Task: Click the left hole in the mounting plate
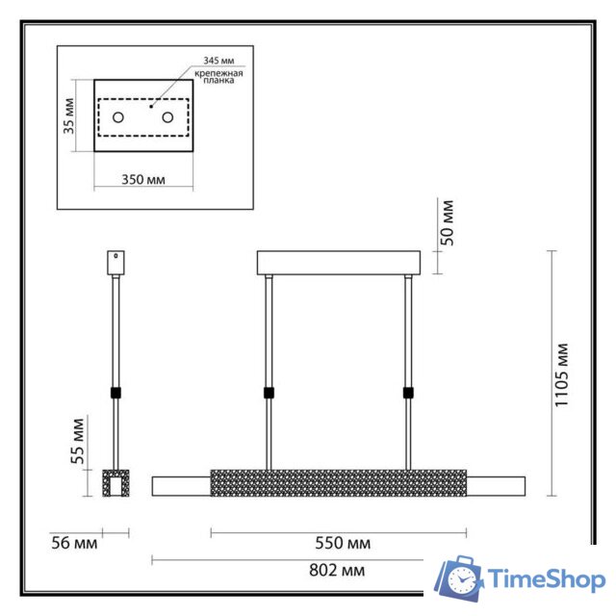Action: click(118, 117)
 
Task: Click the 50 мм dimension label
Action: click(447, 221)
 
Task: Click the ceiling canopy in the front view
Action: click(339, 262)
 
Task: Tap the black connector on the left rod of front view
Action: click(269, 393)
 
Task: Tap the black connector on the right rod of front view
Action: click(409, 393)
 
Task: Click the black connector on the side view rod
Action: click(115, 393)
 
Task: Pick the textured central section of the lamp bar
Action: click(339, 481)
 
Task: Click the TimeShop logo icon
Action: click(459, 579)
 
